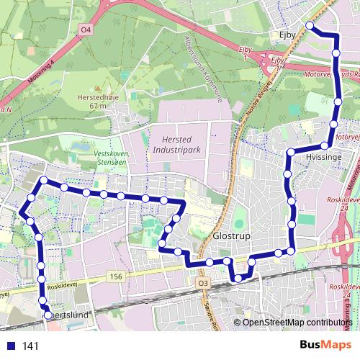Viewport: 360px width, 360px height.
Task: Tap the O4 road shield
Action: point(86,30)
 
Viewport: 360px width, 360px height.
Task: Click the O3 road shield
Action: point(202,283)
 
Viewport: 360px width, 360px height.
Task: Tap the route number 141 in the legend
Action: point(30,346)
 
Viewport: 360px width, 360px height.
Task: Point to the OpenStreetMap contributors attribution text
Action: point(297,322)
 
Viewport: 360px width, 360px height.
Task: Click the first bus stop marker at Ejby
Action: point(310,26)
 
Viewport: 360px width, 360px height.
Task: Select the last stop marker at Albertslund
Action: point(48,315)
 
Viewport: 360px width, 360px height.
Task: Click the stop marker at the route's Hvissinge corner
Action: point(289,153)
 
